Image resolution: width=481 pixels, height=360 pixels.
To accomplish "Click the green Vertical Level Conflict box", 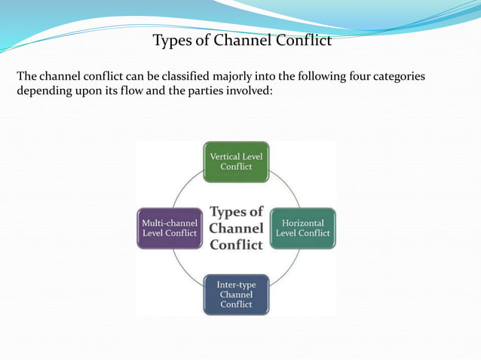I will click(236, 162).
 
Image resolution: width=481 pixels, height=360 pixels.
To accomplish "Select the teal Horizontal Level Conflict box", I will click(302, 228).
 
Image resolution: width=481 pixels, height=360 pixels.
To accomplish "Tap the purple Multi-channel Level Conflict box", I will click(170, 228).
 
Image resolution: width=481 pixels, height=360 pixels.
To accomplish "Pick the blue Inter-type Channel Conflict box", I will click(236, 294).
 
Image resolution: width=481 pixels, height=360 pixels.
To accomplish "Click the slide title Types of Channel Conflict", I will click(242, 41).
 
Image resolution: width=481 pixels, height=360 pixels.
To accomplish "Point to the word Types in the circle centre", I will click(236, 212).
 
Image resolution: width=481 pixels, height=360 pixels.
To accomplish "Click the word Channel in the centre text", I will click(236, 228).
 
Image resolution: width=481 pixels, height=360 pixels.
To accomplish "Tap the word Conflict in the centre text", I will click(236, 245).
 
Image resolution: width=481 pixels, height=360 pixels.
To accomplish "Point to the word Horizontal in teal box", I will click(302, 224).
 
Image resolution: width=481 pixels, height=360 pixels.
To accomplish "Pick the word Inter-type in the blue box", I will click(236, 285).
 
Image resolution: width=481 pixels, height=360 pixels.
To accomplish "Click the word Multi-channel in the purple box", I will click(170, 224).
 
